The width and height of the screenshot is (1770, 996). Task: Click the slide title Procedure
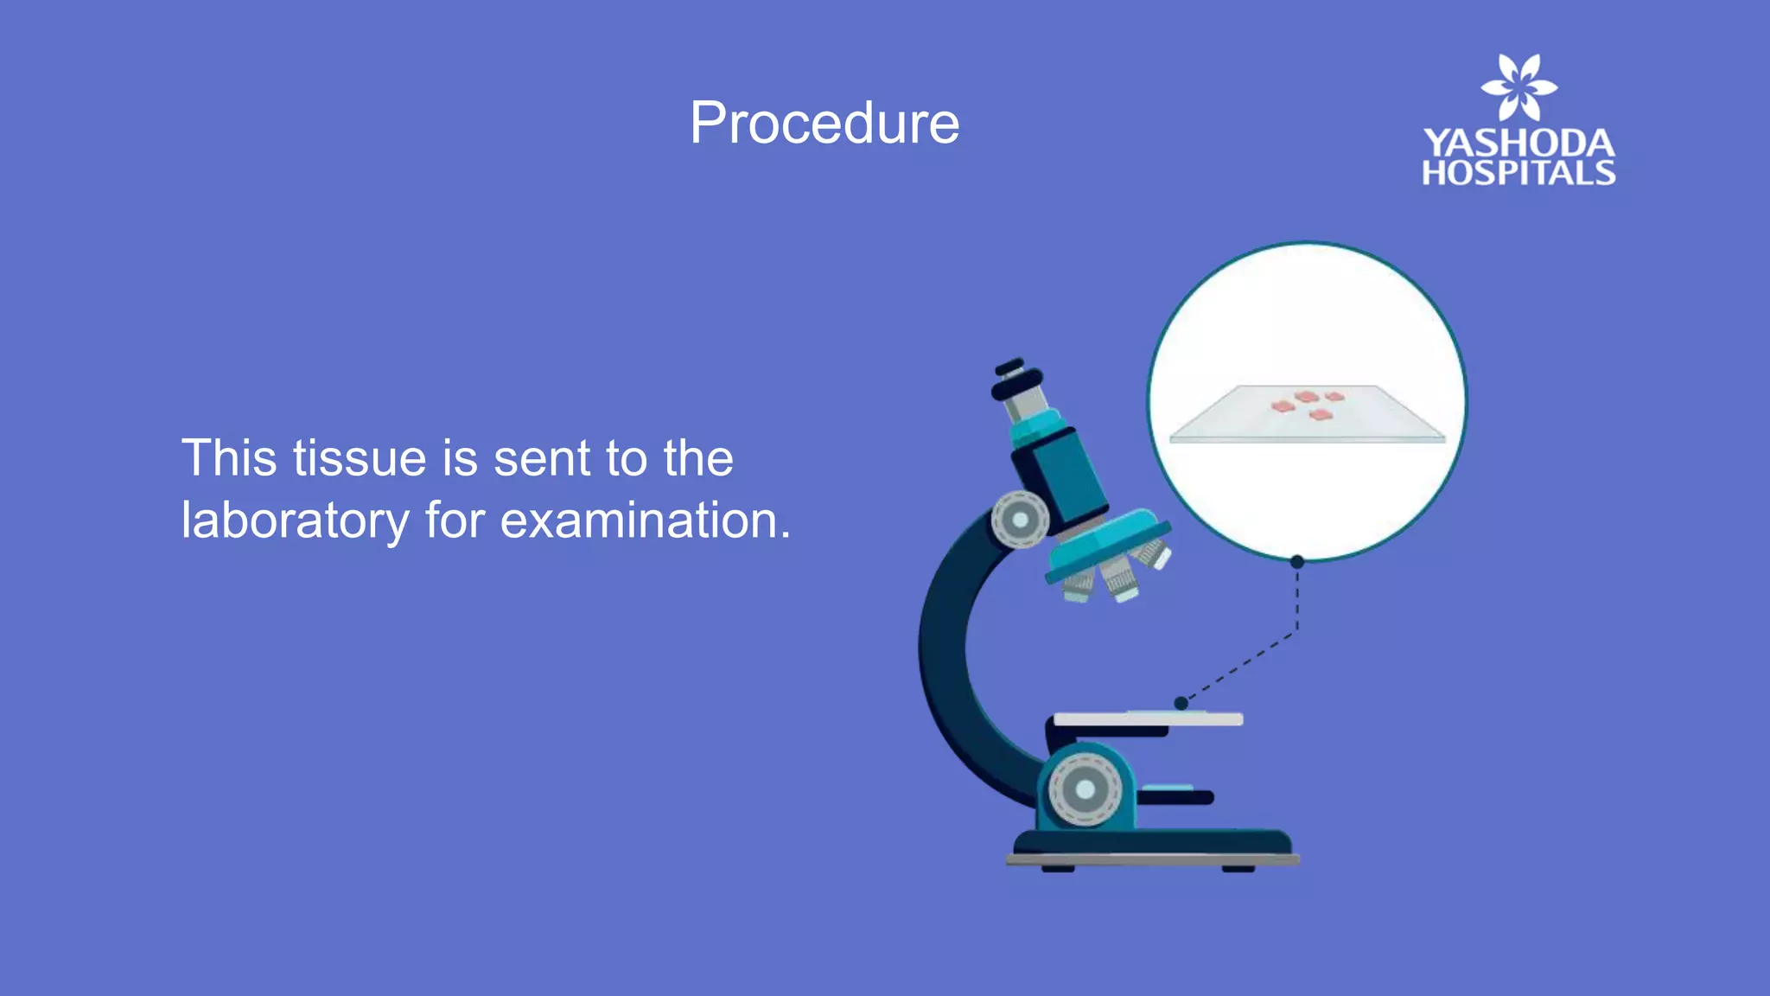coord(824,124)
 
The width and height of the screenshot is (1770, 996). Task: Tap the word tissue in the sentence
coord(360,458)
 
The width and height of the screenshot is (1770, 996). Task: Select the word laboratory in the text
coord(295,521)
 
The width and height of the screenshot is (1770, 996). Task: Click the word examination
coord(645,521)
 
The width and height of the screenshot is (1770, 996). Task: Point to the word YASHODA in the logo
coord(1519,144)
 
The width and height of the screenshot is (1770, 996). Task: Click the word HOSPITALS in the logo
coord(1519,173)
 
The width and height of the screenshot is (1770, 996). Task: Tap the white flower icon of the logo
coord(1519,86)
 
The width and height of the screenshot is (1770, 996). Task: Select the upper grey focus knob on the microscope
coord(1020,520)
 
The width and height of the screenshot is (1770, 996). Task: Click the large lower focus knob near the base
coord(1085,789)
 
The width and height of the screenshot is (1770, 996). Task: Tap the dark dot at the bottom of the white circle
coord(1296,562)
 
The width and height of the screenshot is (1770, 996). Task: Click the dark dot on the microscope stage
coord(1181,703)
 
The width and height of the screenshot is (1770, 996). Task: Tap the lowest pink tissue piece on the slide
coord(1320,416)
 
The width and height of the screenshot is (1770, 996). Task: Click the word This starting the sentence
coord(229,458)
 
